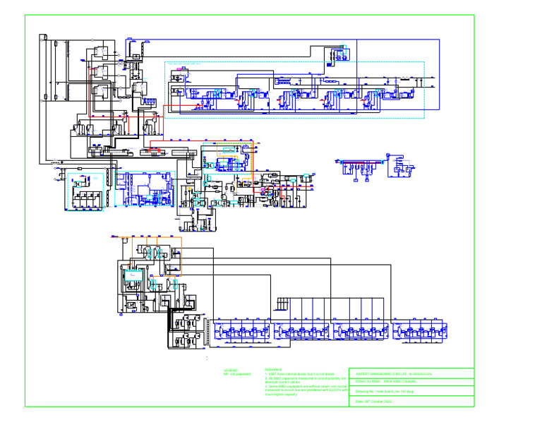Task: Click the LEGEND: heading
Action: [231, 369]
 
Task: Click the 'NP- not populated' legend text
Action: [237, 374]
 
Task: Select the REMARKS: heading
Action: [273, 369]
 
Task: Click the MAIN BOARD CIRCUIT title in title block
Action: [393, 373]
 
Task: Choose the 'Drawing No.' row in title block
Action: [385, 391]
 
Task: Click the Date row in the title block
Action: [374, 401]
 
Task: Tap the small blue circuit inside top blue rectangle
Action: [339, 54]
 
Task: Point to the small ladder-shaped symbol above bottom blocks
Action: [282, 304]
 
